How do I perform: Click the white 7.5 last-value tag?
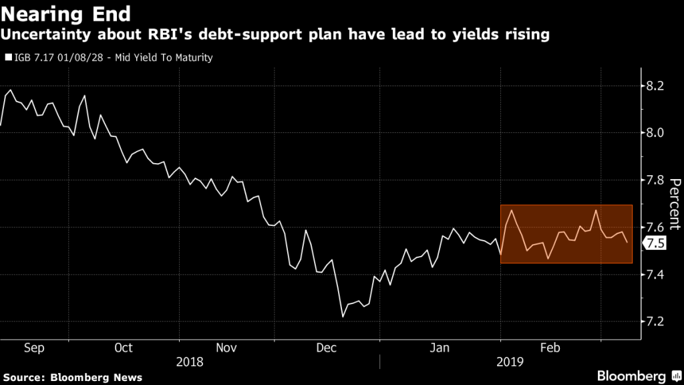656,243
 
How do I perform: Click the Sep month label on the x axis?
33,348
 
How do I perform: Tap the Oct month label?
124,348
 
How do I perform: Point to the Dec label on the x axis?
326,348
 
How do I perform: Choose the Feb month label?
550,348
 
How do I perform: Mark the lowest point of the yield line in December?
343,317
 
